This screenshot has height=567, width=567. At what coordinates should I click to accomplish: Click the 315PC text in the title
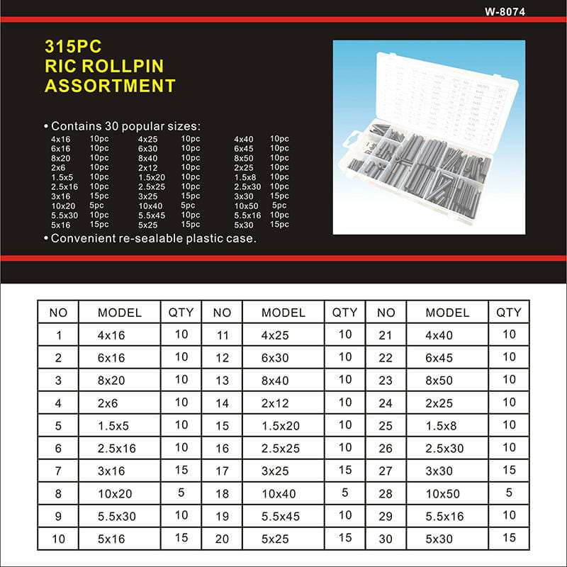click(x=73, y=47)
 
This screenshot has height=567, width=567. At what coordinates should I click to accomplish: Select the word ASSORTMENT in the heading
click(x=110, y=86)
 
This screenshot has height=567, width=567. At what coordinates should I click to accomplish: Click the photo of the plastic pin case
click(x=429, y=137)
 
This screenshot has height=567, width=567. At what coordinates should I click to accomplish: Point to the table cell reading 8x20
click(x=111, y=381)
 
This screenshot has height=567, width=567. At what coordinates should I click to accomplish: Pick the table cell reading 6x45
click(x=439, y=358)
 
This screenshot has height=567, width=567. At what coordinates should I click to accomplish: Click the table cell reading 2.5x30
click(x=445, y=449)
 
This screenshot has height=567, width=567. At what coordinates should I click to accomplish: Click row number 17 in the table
click(x=222, y=471)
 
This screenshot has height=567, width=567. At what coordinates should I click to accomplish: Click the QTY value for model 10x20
click(x=181, y=492)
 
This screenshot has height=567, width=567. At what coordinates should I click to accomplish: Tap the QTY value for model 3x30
click(x=509, y=470)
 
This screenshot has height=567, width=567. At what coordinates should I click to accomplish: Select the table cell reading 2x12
click(x=276, y=403)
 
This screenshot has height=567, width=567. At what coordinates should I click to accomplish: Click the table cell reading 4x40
click(x=439, y=335)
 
